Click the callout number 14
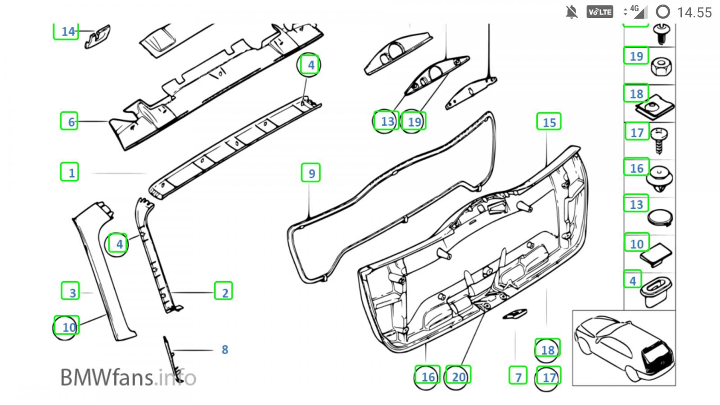68,31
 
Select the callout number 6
72,122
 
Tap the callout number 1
72,173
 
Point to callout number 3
72,293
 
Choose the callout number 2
225,293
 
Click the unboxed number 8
225,349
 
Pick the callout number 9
311,174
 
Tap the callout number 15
549,122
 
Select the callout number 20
459,377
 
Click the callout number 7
518,377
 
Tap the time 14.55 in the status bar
694,13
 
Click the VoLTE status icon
600,12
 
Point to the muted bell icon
571,12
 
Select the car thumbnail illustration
624,348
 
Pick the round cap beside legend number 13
660,218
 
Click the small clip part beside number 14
97,36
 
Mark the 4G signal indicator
635,12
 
